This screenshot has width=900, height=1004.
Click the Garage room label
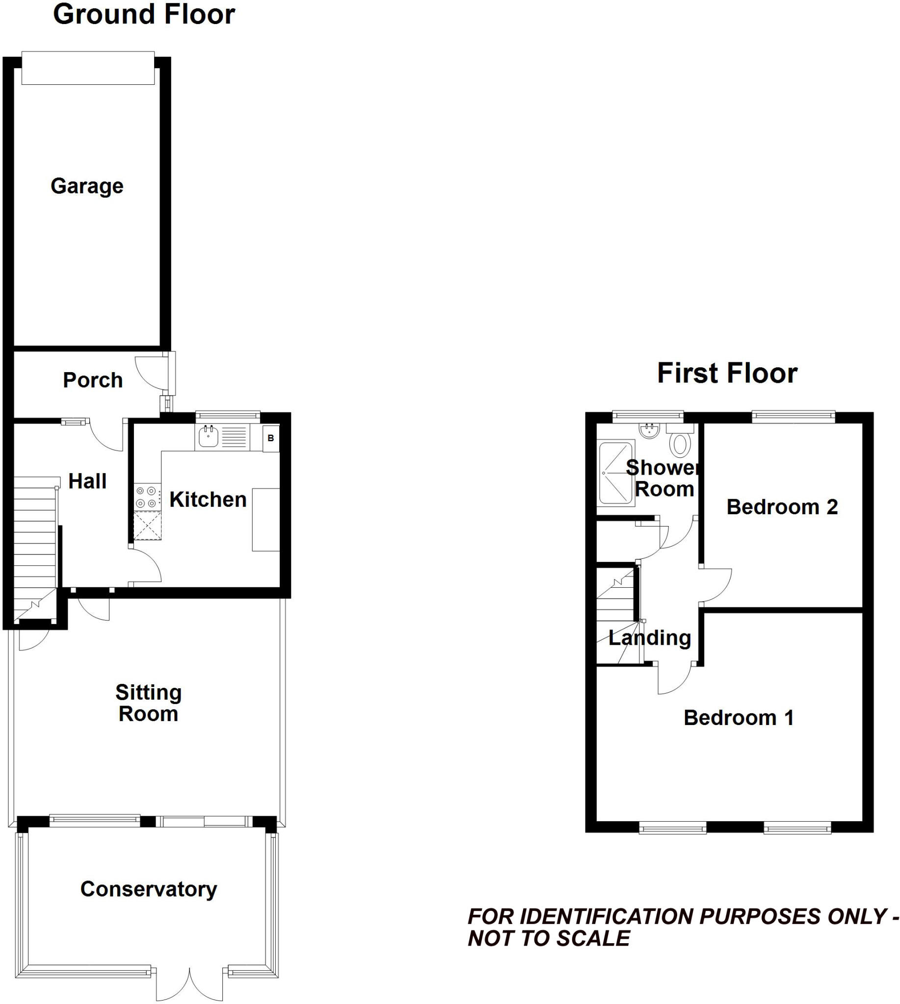(87, 186)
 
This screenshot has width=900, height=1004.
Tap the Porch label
(93, 380)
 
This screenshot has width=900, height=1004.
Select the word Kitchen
(208, 500)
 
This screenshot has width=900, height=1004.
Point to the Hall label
(87, 481)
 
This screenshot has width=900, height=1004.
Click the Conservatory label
(148, 889)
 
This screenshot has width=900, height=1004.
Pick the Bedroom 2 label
(782, 507)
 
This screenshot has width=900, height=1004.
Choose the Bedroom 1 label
(738, 717)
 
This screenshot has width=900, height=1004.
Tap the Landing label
(649, 637)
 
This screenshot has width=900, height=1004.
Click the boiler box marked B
(270, 438)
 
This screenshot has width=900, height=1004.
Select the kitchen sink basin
(208, 437)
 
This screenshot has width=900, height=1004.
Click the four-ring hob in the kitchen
(147, 497)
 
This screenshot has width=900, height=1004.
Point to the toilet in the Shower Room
(681, 443)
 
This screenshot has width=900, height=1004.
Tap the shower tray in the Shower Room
(615, 473)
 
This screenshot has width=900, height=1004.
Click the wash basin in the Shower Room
(649, 431)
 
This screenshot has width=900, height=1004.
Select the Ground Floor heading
(144, 14)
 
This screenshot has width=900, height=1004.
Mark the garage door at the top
(88, 68)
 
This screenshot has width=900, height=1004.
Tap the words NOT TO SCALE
(549, 938)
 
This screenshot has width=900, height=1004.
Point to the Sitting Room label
(148, 703)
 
